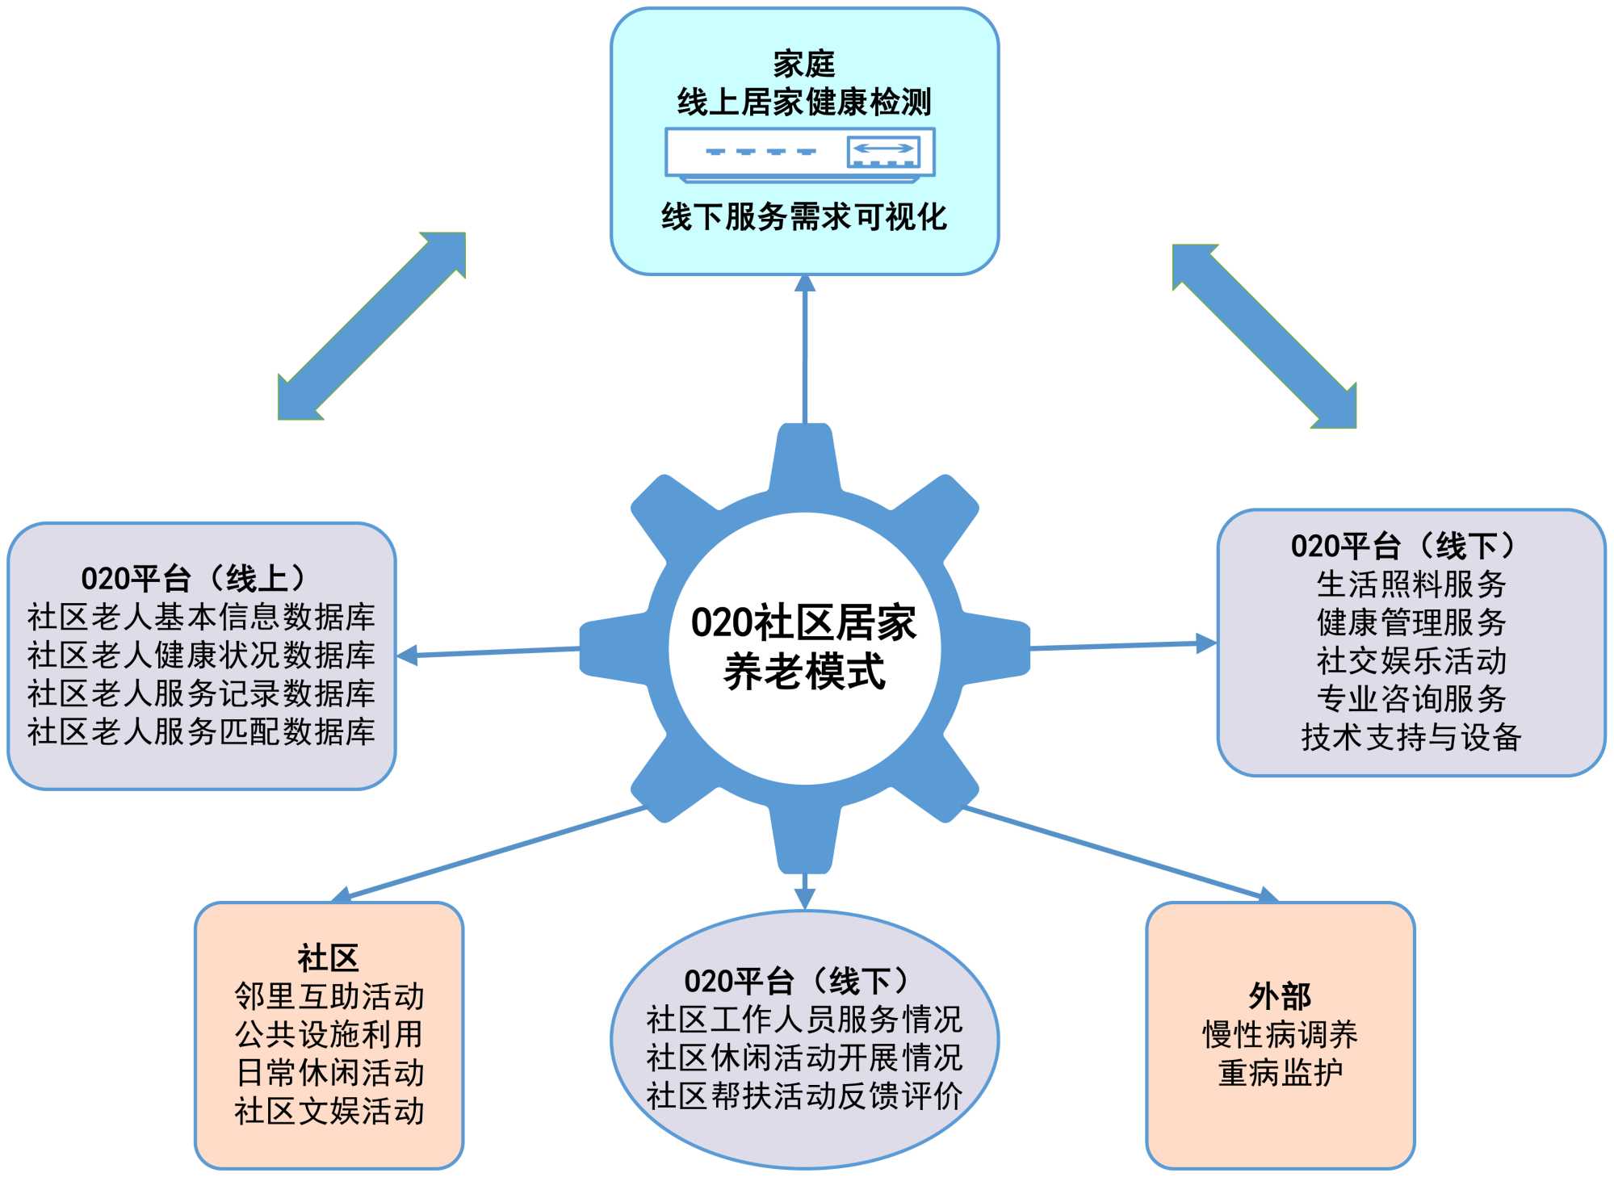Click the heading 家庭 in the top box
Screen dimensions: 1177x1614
click(803, 64)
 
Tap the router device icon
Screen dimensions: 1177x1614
click(799, 153)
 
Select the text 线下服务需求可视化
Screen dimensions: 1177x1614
click(803, 216)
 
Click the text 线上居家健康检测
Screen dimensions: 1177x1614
click(803, 103)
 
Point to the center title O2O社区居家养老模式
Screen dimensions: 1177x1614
click(803, 647)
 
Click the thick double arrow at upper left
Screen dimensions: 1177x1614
click(372, 326)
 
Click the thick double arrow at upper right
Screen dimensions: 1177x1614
click(1264, 336)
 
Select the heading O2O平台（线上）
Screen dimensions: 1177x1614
click(194, 578)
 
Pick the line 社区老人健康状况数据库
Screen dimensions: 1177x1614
click(201, 655)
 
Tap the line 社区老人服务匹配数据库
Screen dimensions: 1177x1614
click(201, 731)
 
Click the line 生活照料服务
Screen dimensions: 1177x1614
click(1411, 584)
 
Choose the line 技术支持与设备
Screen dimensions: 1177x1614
click(1411, 736)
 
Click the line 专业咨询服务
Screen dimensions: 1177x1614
click(1411, 698)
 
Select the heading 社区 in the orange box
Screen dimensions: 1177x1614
click(328, 958)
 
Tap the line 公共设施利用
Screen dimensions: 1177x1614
click(329, 1034)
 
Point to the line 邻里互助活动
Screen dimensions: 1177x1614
click(329, 996)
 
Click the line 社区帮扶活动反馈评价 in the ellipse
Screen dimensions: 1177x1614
click(803, 1095)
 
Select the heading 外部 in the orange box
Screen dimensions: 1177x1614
click(1280, 996)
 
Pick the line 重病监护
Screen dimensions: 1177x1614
click(1280, 1073)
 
